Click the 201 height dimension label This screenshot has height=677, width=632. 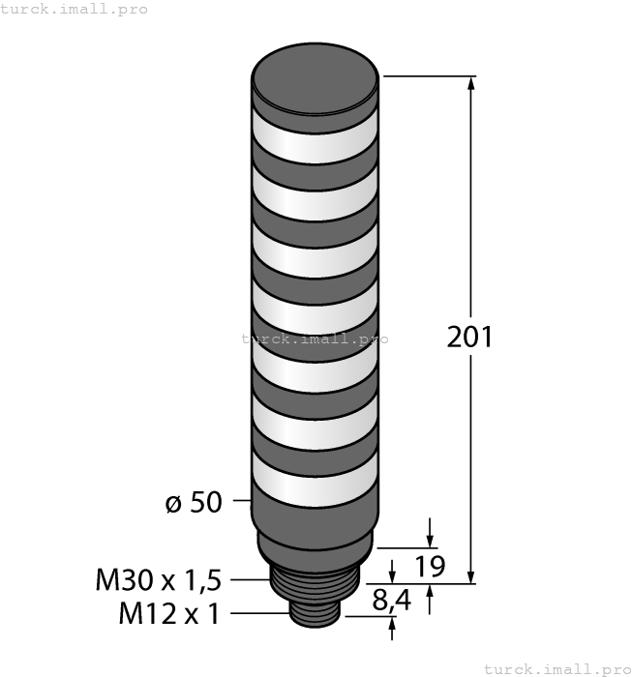(x=469, y=338)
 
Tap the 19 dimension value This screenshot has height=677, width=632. (x=430, y=567)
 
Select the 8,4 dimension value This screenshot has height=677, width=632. (x=391, y=601)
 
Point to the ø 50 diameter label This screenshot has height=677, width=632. (x=194, y=502)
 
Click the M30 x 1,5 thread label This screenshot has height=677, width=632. (x=158, y=580)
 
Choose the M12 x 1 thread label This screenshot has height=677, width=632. (x=169, y=613)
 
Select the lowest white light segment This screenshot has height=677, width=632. (x=315, y=480)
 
